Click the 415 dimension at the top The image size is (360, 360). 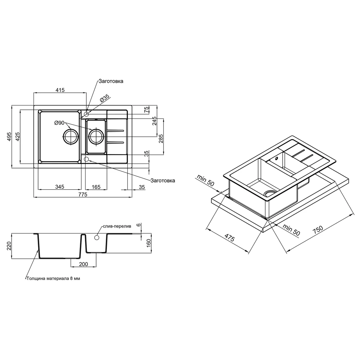pos(60,90)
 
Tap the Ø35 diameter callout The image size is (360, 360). pos(105,98)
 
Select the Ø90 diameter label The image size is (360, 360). pos(59,123)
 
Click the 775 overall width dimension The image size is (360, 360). pos(83,194)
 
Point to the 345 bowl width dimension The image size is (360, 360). pos(59,187)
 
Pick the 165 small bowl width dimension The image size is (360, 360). pos(96,187)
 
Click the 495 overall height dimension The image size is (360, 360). pos(9,136)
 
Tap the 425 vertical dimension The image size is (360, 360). pos(17,136)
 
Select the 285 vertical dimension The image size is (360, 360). pos(161,139)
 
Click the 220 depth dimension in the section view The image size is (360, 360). pos(9,246)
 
